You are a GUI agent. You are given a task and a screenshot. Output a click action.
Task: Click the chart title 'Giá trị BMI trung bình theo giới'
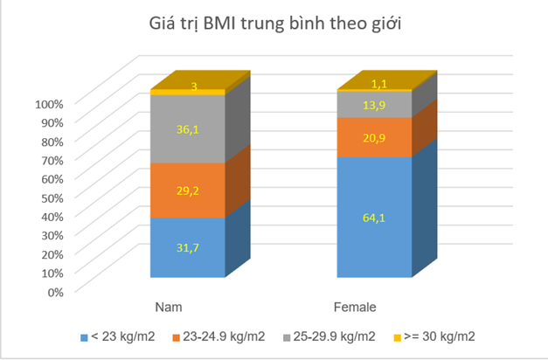[274, 24]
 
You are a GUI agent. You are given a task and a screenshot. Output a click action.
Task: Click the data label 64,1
[375, 218]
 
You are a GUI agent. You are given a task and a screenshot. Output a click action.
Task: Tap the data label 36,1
[187, 128]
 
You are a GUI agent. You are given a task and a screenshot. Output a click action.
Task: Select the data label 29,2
[187, 190]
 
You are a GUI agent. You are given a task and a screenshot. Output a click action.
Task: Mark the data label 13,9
[375, 105]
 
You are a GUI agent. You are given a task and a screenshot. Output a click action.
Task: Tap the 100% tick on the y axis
[50, 104]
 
